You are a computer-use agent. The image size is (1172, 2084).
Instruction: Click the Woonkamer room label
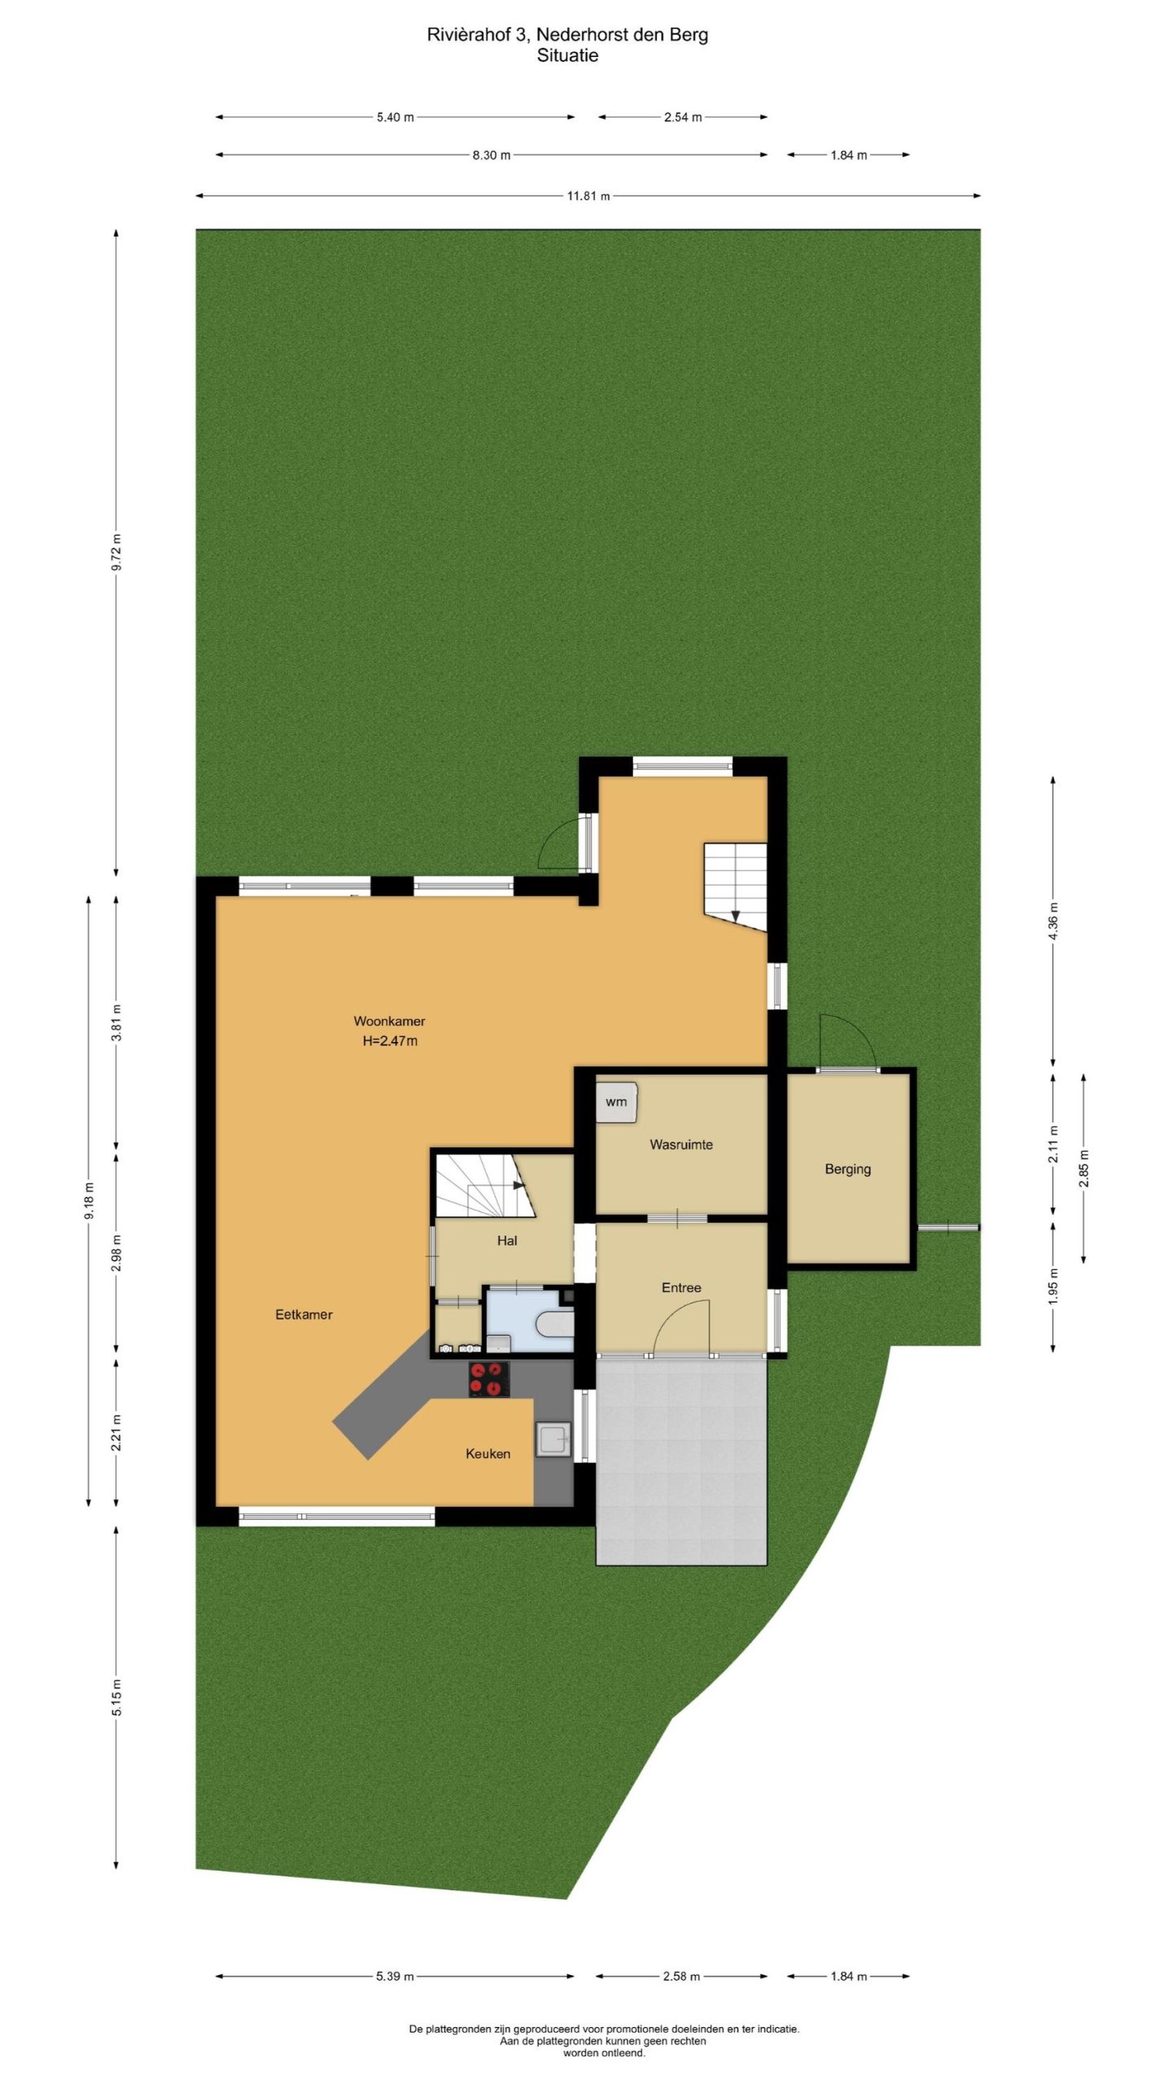tap(389, 1021)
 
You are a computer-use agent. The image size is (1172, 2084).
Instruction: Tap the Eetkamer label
tap(304, 1314)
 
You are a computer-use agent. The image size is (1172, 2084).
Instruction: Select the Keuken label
tap(488, 1453)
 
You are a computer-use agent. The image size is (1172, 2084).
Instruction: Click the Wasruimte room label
tap(681, 1144)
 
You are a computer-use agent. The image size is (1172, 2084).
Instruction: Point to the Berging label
tap(847, 1169)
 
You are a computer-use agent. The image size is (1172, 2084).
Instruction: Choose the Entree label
tap(681, 1287)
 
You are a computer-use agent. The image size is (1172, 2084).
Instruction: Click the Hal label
tap(507, 1241)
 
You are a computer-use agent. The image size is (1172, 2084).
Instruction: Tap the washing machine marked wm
tap(616, 1102)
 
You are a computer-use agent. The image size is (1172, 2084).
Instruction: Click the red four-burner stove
tap(489, 1379)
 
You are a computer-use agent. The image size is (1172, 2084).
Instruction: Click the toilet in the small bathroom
tap(555, 1324)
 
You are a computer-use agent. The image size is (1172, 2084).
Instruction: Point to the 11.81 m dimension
tap(588, 195)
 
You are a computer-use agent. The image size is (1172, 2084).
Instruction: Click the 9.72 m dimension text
tap(116, 553)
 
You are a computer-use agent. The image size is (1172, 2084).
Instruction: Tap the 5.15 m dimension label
tap(116, 1697)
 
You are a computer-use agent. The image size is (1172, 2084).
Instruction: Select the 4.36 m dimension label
tap(1053, 922)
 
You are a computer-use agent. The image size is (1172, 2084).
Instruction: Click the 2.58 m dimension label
tap(681, 1976)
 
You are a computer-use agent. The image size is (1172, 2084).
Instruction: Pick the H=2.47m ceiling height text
tap(390, 1040)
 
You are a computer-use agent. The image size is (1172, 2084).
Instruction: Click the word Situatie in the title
tap(567, 55)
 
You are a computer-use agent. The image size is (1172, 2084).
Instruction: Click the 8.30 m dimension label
tap(492, 155)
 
